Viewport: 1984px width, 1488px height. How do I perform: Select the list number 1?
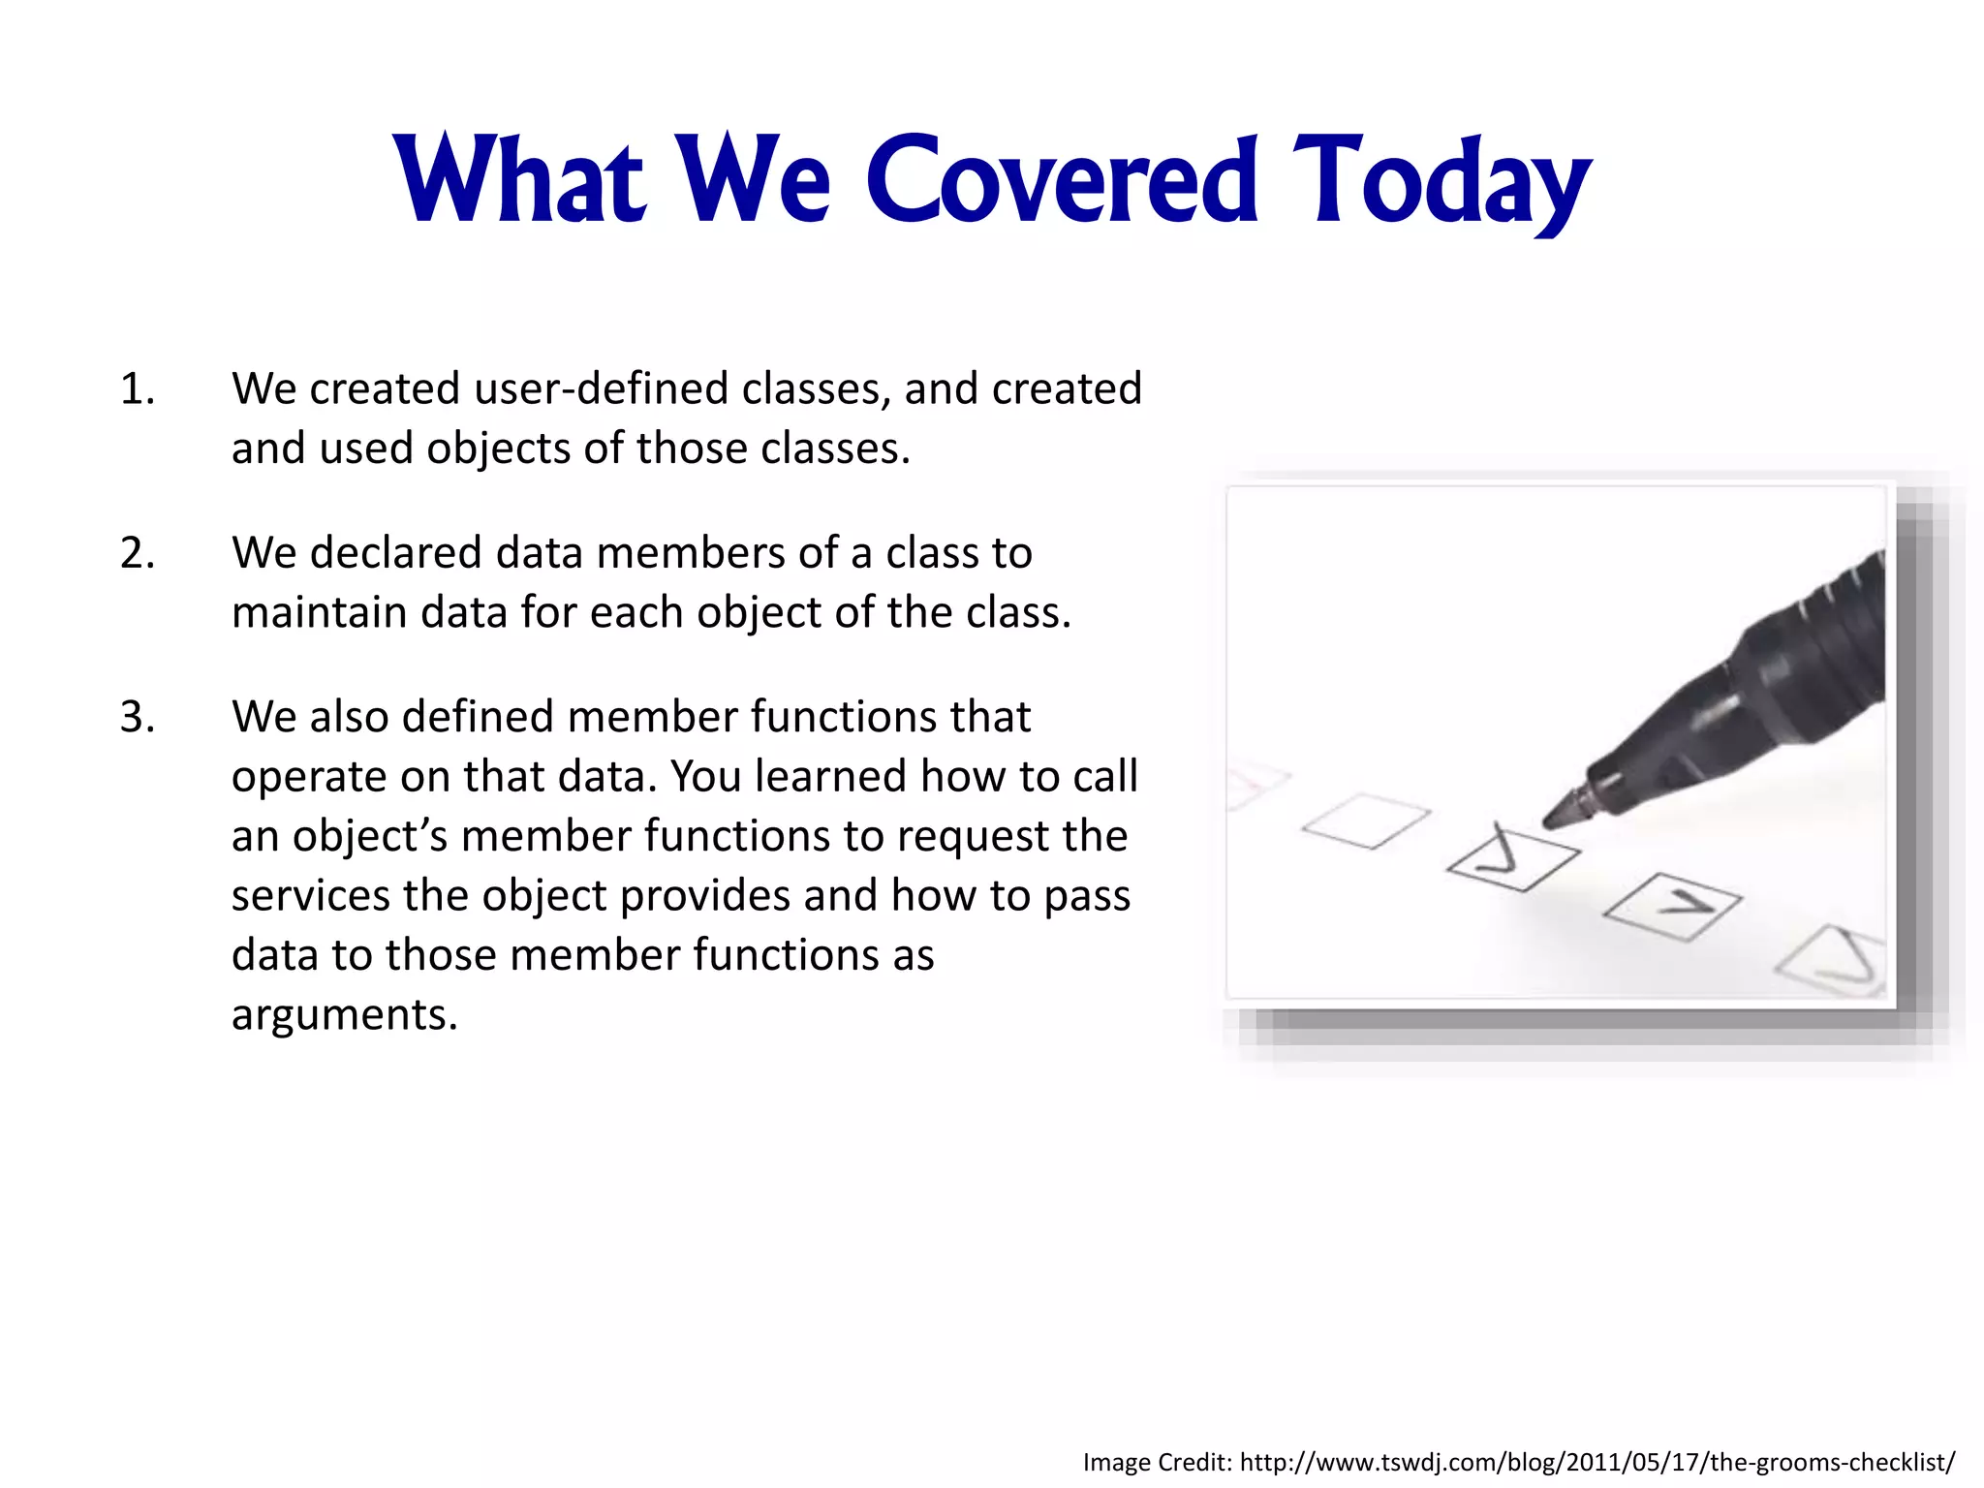click(137, 389)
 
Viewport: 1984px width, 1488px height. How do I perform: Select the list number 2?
click(137, 553)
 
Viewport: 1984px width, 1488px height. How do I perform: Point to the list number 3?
click(137, 717)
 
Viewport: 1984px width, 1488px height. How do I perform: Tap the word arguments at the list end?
click(344, 1015)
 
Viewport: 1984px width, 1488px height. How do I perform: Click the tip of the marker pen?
click(1551, 821)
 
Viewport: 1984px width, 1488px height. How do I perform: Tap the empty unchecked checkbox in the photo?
click(1366, 821)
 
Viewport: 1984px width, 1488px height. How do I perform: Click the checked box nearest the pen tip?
click(1513, 858)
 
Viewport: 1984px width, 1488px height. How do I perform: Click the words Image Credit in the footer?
click(1157, 1462)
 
